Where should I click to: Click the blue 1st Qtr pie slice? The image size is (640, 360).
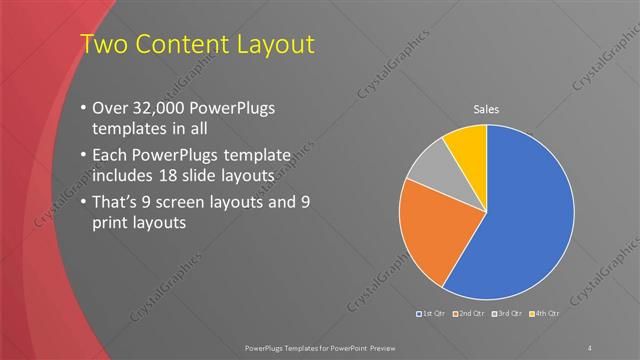coord(525,215)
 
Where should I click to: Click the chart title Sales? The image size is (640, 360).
coord(486,109)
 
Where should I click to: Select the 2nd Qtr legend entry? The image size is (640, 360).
coord(469,315)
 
